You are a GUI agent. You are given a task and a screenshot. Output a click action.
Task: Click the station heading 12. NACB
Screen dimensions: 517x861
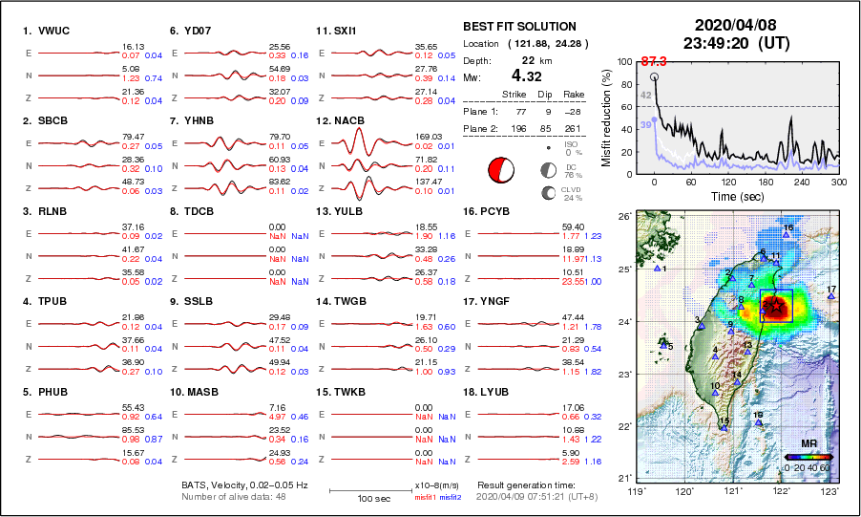(340, 121)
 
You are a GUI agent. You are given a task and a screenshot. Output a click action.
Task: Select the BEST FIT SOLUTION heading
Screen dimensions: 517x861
(519, 27)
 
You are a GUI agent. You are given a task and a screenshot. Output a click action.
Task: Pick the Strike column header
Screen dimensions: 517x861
(514, 94)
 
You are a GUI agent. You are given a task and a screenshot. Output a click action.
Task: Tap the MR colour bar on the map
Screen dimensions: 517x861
(808, 457)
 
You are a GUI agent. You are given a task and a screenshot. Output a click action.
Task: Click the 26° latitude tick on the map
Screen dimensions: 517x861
(623, 218)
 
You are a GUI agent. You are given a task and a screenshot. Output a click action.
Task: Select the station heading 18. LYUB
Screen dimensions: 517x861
(487, 392)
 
